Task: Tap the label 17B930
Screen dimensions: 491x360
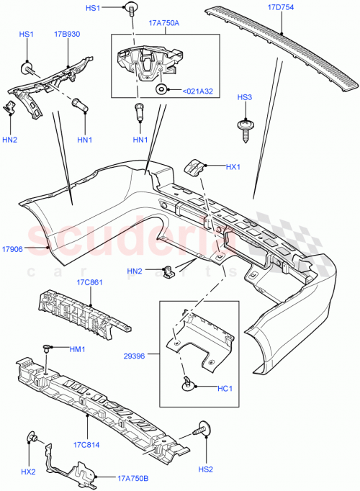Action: click(66, 34)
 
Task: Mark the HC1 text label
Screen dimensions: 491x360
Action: click(224, 388)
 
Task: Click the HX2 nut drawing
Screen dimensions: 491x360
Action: click(32, 437)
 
